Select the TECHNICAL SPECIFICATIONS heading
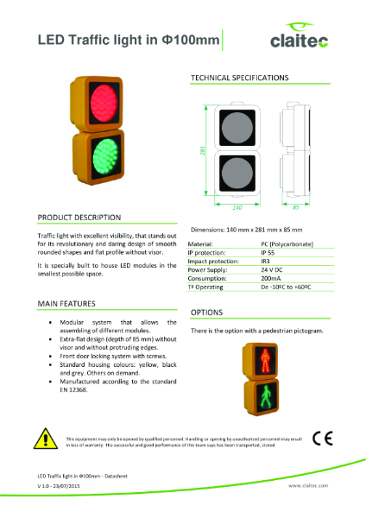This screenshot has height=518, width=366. [238, 78]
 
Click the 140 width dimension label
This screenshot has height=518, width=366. [236, 207]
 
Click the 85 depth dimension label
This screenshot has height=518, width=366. [296, 207]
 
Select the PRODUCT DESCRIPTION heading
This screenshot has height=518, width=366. [79, 217]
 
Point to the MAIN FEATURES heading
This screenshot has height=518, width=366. [68, 304]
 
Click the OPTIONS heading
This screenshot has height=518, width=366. [207, 312]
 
